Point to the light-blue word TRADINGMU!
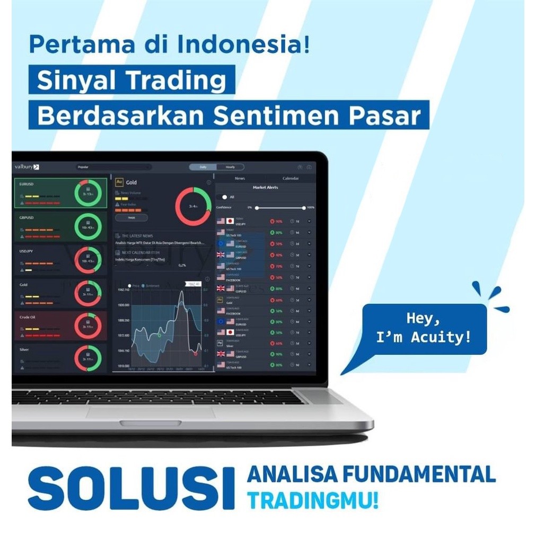pos(313,499)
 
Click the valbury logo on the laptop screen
pos(27,166)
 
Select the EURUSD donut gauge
pos(87,193)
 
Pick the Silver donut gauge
pos(87,358)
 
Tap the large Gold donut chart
pos(193,206)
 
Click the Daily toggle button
pos(203,167)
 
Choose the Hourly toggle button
pos(230,167)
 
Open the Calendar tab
pos(291,179)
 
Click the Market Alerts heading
pos(265,188)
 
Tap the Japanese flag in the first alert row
pos(230,221)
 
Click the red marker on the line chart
pos(196,353)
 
